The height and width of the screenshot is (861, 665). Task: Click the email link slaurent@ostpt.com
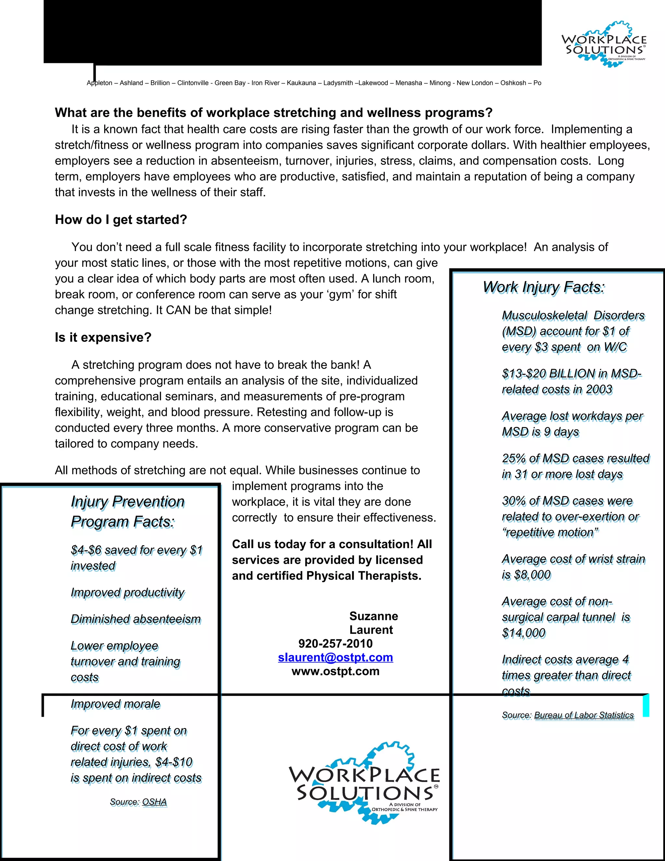coord(335,657)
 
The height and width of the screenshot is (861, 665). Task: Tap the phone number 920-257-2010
coord(335,643)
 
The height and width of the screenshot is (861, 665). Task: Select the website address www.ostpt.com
coord(335,671)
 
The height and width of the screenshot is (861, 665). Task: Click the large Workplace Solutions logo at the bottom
coord(364,785)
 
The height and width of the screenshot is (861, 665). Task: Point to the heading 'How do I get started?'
coord(121,220)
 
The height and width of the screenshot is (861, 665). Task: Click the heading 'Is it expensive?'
coord(103,338)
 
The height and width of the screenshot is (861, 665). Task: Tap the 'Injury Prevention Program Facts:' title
coord(127,511)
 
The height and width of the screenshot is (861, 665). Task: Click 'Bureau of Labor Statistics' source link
coord(584,715)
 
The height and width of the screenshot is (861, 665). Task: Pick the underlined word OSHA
coord(155,802)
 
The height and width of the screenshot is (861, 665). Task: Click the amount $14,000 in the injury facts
coord(523,633)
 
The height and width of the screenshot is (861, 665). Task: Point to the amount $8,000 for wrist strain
coord(532,575)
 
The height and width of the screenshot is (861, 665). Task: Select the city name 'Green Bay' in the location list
coord(230,83)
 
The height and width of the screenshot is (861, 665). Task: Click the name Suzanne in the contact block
coord(373,616)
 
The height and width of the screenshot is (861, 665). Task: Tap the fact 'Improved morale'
coord(115,704)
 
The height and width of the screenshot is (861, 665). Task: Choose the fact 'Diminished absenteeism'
coord(135,619)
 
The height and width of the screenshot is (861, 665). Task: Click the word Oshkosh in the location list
coord(513,83)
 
